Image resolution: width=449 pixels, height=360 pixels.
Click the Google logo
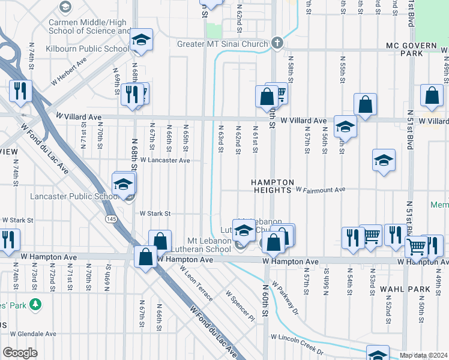click(20, 353)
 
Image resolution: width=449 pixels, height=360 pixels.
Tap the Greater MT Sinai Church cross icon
click(277, 44)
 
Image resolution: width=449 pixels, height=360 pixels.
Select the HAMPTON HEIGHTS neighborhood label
click(272, 186)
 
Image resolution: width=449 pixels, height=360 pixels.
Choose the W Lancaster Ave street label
click(165, 160)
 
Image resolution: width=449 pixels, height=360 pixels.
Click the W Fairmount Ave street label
click(321, 190)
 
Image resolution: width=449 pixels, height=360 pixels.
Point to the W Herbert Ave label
click(68, 62)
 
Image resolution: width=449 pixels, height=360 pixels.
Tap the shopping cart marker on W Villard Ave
click(277, 92)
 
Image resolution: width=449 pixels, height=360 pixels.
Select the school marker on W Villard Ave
click(345, 126)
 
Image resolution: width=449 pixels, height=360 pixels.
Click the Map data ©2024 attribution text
click(423, 355)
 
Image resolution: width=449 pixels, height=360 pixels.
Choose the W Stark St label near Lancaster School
click(155, 213)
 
